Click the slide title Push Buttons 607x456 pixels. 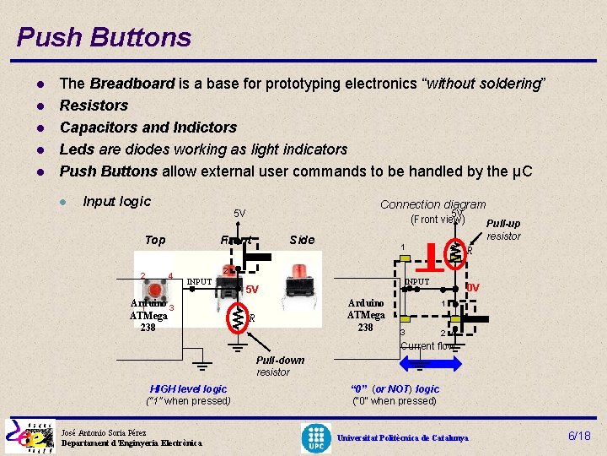[x=104, y=37]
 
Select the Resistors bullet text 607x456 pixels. [x=94, y=106]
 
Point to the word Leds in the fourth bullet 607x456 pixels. [x=74, y=149]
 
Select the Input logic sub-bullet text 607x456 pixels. [x=116, y=201]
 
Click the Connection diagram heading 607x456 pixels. [x=432, y=204]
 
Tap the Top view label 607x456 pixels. [x=155, y=240]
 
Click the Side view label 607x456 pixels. [x=301, y=240]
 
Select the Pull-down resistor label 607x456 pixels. [x=280, y=366]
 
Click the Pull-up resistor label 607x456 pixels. [x=503, y=230]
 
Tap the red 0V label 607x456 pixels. [x=472, y=288]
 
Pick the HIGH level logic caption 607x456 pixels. [x=188, y=388]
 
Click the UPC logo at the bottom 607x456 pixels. [x=317, y=437]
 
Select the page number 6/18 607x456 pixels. [x=579, y=436]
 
